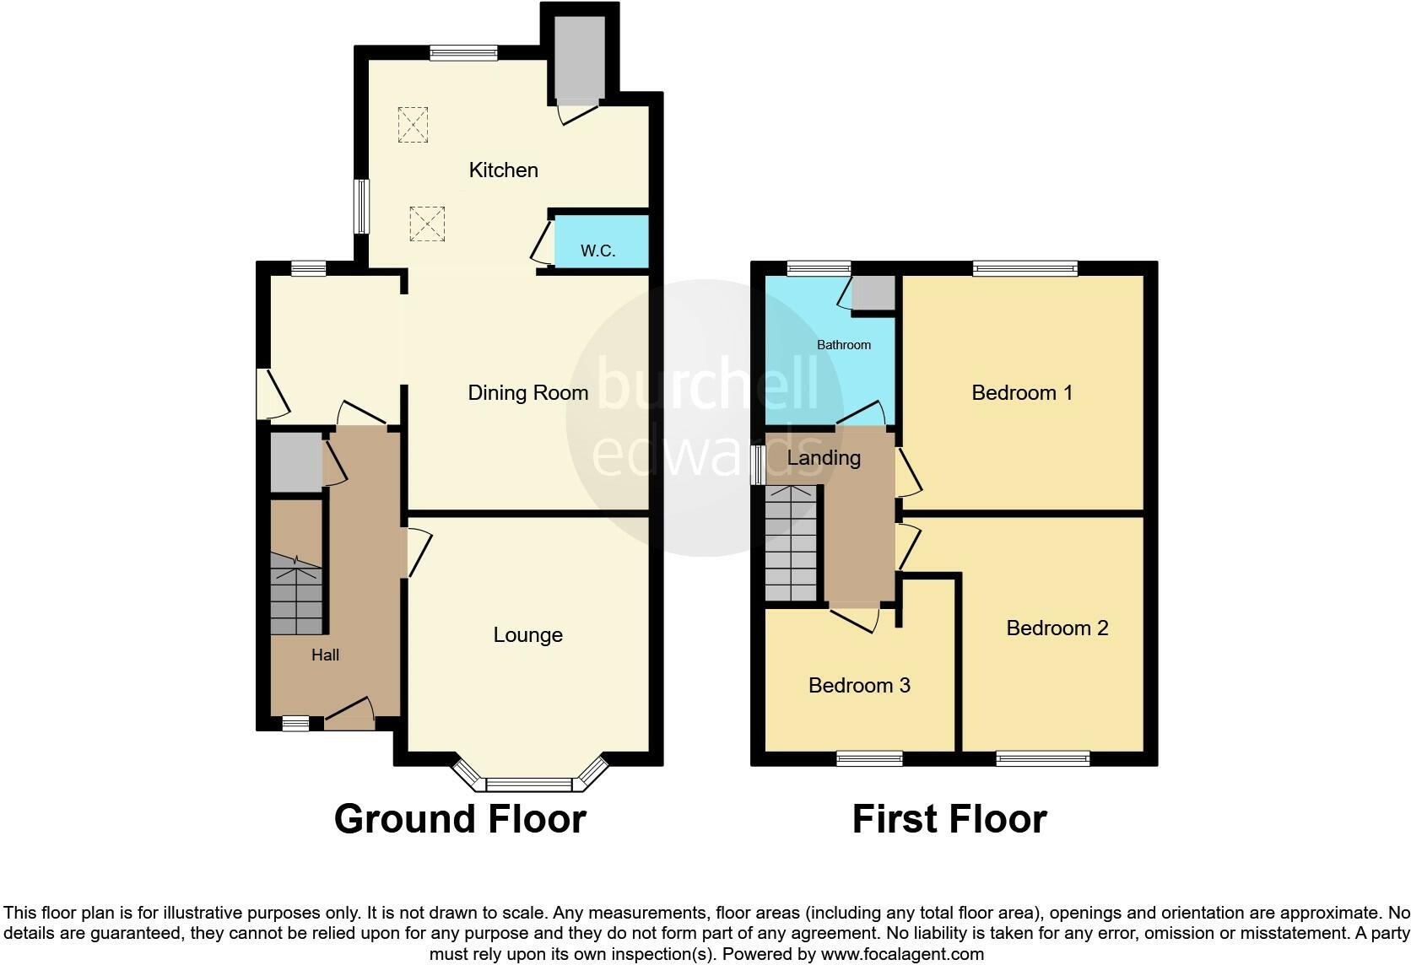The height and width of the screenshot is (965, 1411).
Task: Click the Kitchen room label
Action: tap(503, 170)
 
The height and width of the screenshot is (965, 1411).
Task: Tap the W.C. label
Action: tap(597, 251)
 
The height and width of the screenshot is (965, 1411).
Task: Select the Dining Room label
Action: tap(527, 392)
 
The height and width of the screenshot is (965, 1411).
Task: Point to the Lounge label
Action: tap(527, 635)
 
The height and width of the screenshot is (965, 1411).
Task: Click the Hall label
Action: tap(325, 655)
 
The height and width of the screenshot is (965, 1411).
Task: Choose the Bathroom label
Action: tap(843, 345)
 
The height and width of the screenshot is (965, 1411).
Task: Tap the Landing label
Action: tap(824, 458)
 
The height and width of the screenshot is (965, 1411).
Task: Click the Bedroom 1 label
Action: tap(1021, 392)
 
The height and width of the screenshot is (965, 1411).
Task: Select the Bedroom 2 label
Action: tap(1057, 628)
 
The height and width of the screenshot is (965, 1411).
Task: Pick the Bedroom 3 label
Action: tap(859, 685)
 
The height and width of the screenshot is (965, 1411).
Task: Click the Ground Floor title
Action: tap(460, 819)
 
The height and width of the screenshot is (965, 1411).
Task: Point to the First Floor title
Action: tap(949, 819)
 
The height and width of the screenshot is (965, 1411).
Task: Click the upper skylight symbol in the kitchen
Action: tap(413, 125)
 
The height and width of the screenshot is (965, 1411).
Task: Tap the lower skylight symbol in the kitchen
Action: tap(426, 224)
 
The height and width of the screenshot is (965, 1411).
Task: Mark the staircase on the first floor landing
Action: tap(791, 543)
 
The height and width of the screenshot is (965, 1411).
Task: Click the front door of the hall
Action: tap(349, 716)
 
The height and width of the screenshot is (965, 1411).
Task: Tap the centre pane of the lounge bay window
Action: tap(529, 784)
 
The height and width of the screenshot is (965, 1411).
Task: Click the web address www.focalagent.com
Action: tap(902, 955)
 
